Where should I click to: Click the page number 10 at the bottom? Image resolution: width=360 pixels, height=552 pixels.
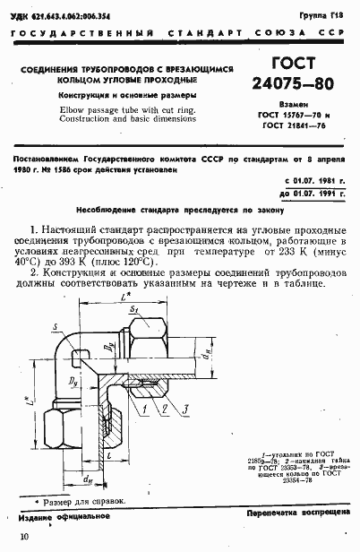[22, 536]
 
